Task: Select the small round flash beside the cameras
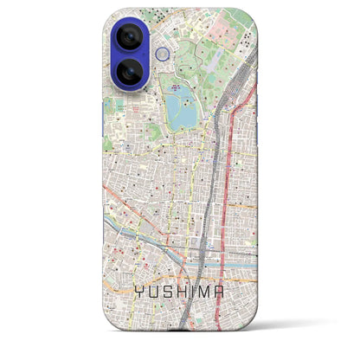pyautogui.click(x=162, y=55)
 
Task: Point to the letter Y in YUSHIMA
pyautogui.click(x=138, y=293)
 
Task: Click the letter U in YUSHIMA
pyautogui.click(x=152, y=293)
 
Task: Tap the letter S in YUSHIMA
pyautogui.click(x=167, y=293)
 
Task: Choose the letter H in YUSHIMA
pyautogui.click(x=182, y=293)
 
